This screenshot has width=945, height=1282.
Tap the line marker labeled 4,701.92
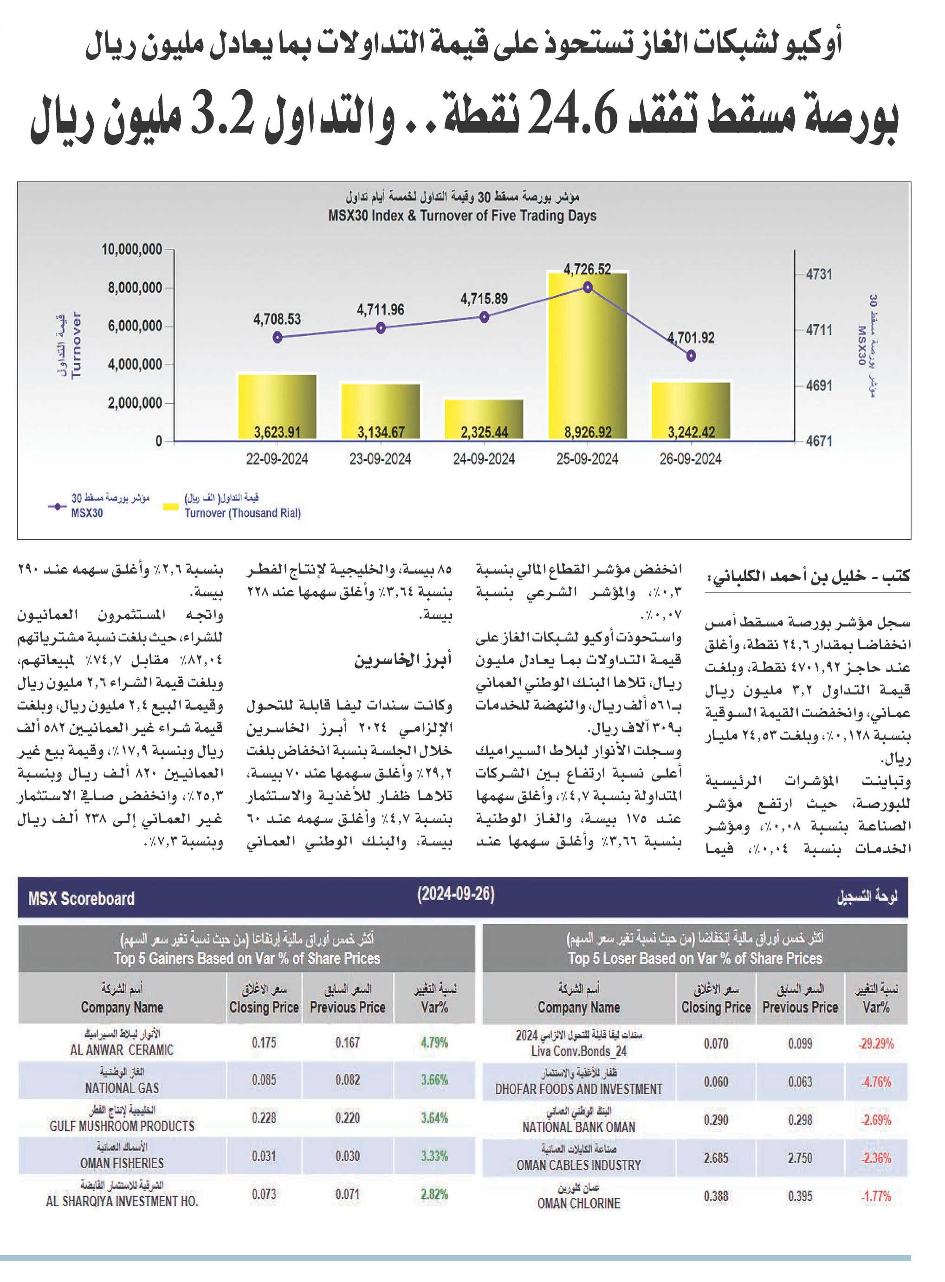click(x=691, y=355)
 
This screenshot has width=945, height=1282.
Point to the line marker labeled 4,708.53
click(x=278, y=337)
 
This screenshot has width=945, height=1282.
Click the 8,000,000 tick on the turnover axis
click(x=135, y=288)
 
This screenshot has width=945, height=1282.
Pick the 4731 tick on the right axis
click(x=819, y=275)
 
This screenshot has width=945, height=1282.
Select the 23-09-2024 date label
click(x=381, y=459)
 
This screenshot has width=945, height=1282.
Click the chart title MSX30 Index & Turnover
click(x=463, y=216)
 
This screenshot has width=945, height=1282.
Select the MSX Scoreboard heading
click(x=81, y=898)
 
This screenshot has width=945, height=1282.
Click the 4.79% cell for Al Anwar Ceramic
click(x=434, y=1042)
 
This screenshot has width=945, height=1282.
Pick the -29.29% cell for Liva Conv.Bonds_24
click(x=875, y=1043)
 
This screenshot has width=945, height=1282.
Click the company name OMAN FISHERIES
click(x=122, y=1163)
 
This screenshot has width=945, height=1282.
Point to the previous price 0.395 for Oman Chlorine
click(x=800, y=1196)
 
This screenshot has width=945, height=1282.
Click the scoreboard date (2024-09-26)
click(x=455, y=894)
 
